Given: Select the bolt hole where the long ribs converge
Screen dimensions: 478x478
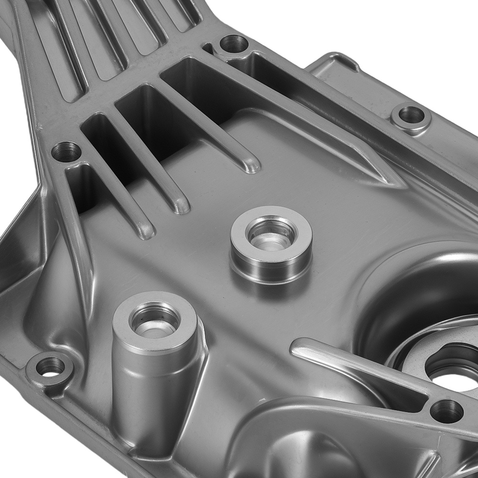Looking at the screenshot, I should pos(234,44).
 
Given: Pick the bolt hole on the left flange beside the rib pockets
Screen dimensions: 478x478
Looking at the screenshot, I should pos(66,152).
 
